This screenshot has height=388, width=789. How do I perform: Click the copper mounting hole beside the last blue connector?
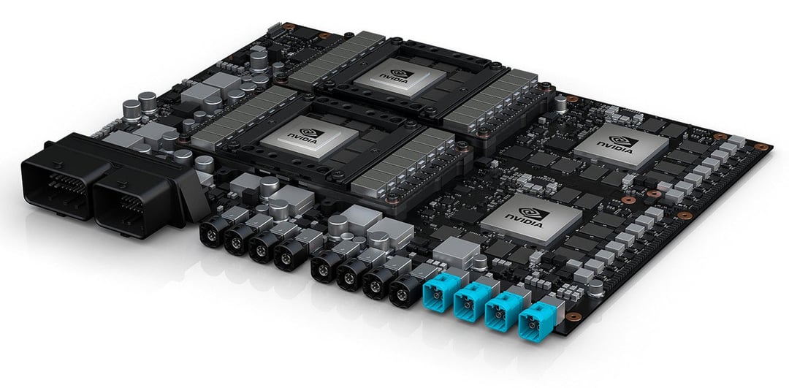click(x=574, y=316)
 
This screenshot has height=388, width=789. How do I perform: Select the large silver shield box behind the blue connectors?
click(x=456, y=252)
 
